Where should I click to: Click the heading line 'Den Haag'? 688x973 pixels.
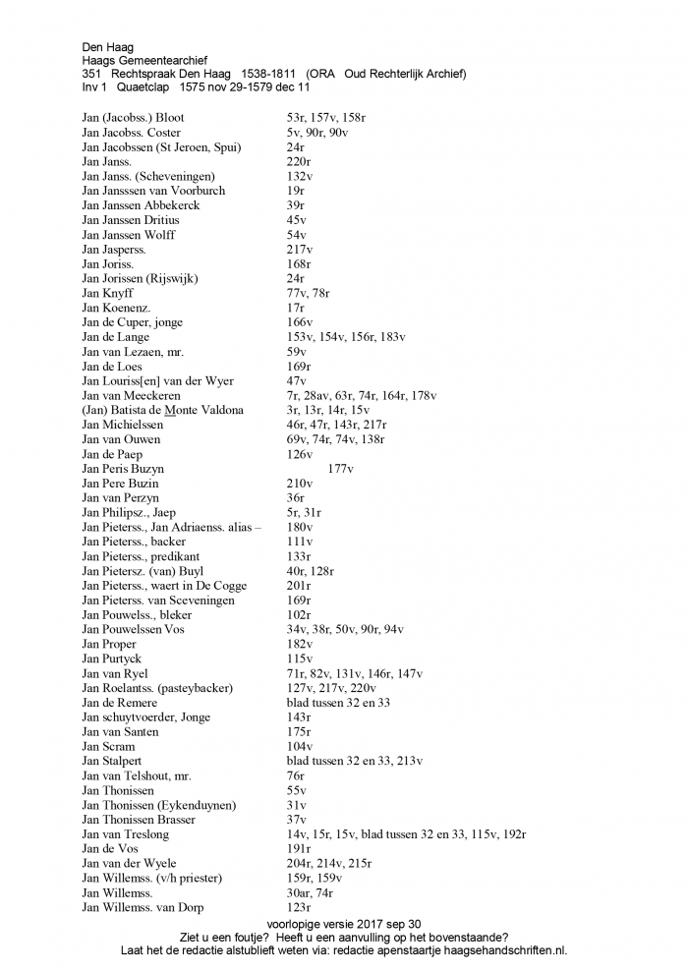pyautogui.click(x=107, y=46)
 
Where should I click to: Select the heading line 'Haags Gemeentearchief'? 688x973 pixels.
pyautogui.click(x=144, y=60)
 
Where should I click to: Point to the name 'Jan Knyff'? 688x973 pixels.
pyautogui.click(x=107, y=293)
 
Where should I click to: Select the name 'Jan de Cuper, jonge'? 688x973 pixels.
pyautogui.click(x=132, y=322)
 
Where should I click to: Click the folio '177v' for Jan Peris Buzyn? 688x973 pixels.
pyautogui.click(x=340, y=469)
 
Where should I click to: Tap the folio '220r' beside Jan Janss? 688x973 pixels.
pyautogui.click(x=298, y=161)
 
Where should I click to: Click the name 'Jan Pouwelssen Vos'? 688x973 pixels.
pyautogui.click(x=133, y=629)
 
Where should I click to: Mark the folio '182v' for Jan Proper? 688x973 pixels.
pyautogui.click(x=299, y=644)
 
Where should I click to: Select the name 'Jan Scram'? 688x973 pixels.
pyautogui.click(x=107, y=746)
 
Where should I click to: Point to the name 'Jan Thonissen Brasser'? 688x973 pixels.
pyautogui.click(x=139, y=819)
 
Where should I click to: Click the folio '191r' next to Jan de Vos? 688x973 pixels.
pyautogui.click(x=298, y=848)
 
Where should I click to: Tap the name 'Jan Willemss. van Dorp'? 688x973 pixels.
pyautogui.click(x=143, y=907)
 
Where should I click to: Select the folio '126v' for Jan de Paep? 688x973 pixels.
pyautogui.click(x=299, y=454)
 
